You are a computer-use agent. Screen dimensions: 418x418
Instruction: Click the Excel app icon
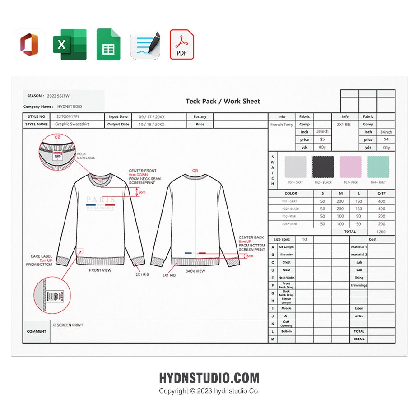(70, 44)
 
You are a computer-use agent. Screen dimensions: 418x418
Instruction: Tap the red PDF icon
(181, 44)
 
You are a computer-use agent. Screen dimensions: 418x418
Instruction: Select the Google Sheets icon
(108, 44)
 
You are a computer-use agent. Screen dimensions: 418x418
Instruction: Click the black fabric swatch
(323, 167)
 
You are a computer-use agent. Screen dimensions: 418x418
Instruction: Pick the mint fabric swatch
(378, 167)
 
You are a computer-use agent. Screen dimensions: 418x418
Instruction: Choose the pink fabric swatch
(350, 167)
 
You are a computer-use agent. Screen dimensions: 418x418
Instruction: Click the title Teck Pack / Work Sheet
(223, 101)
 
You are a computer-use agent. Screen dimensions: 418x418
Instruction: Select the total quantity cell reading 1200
(381, 232)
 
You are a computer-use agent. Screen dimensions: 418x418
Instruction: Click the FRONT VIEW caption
(100, 270)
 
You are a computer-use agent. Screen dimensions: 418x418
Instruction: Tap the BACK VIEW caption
(195, 271)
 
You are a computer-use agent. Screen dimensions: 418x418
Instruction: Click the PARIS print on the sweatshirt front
(101, 200)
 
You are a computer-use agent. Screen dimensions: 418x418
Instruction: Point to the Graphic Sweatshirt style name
(72, 124)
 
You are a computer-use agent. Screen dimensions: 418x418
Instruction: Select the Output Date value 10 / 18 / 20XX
(152, 124)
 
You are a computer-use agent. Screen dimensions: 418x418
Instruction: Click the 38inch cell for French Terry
(322, 132)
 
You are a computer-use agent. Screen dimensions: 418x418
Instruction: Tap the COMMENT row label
(37, 331)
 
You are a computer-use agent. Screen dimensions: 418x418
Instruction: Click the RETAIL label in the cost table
(359, 339)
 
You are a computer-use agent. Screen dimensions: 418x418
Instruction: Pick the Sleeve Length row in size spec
(286, 301)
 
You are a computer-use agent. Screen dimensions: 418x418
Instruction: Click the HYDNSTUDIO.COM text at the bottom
(209, 378)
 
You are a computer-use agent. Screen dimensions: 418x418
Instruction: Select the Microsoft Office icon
(29, 44)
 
